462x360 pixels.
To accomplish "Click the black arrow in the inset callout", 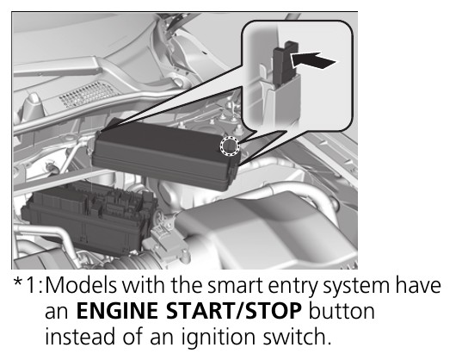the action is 313,60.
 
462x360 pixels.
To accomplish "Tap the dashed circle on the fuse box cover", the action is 230,146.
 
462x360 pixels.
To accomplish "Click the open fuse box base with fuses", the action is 89,217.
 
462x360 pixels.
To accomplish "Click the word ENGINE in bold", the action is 117,311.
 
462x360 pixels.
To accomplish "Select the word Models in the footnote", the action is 82,285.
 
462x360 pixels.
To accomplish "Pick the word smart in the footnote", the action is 235,286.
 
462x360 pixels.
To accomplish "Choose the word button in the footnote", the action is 342,311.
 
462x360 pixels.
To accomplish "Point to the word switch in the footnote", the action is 296,336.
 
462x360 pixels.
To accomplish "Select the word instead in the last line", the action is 79,337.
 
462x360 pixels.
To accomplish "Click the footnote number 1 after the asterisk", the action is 32,285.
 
